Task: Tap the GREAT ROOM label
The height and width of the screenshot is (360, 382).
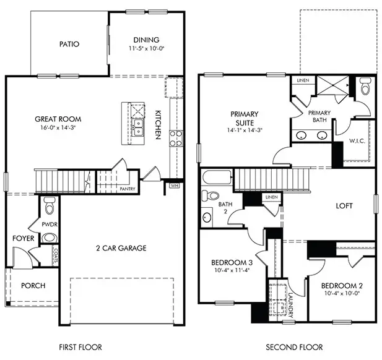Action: click(x=58, y=119)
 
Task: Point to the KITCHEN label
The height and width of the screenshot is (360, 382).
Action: click(x=158, y=124)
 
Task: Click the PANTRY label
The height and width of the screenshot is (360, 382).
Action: click(x=128, y=189)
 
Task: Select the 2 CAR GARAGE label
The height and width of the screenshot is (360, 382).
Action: click(x=121, y=248)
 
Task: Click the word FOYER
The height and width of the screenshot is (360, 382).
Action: click(x=23, y=238)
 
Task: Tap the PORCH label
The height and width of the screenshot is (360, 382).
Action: click(x=32, y=285)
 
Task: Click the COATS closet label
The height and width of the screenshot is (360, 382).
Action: click(x=56, y=256)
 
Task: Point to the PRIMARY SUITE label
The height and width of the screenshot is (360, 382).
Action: click(x=244, y=118)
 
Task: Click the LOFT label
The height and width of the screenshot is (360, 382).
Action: click(x=344, y=206)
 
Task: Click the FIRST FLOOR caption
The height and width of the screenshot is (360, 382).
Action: click(x=80, y=347)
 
